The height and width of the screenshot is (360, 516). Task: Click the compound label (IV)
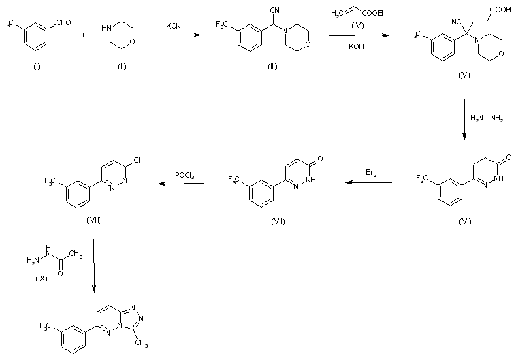354,25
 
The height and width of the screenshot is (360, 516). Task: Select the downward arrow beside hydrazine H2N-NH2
464,120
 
